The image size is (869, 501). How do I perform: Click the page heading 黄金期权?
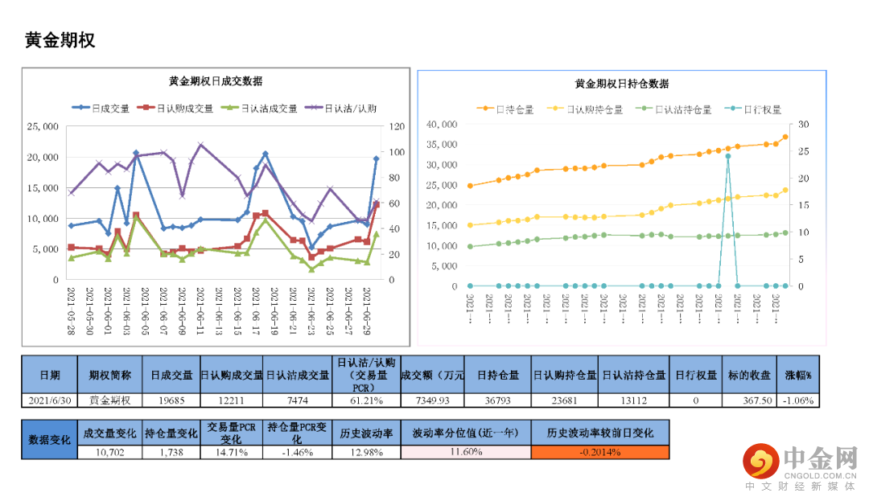60,40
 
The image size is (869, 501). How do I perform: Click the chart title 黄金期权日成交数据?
215,81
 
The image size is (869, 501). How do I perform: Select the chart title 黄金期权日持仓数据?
622,84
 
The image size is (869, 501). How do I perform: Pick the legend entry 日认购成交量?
176,108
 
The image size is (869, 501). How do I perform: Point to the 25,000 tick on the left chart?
43,126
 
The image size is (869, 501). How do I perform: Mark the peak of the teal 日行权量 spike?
727,156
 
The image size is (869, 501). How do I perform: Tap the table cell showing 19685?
171,400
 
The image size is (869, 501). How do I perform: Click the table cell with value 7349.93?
432,400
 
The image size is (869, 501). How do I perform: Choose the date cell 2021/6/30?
49,400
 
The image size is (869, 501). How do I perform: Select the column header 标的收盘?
750,375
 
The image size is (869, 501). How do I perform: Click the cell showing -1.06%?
798,400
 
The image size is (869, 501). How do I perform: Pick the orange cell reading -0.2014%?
599,452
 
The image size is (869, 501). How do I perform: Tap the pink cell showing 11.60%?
466,452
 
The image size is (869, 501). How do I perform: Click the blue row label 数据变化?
49,440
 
